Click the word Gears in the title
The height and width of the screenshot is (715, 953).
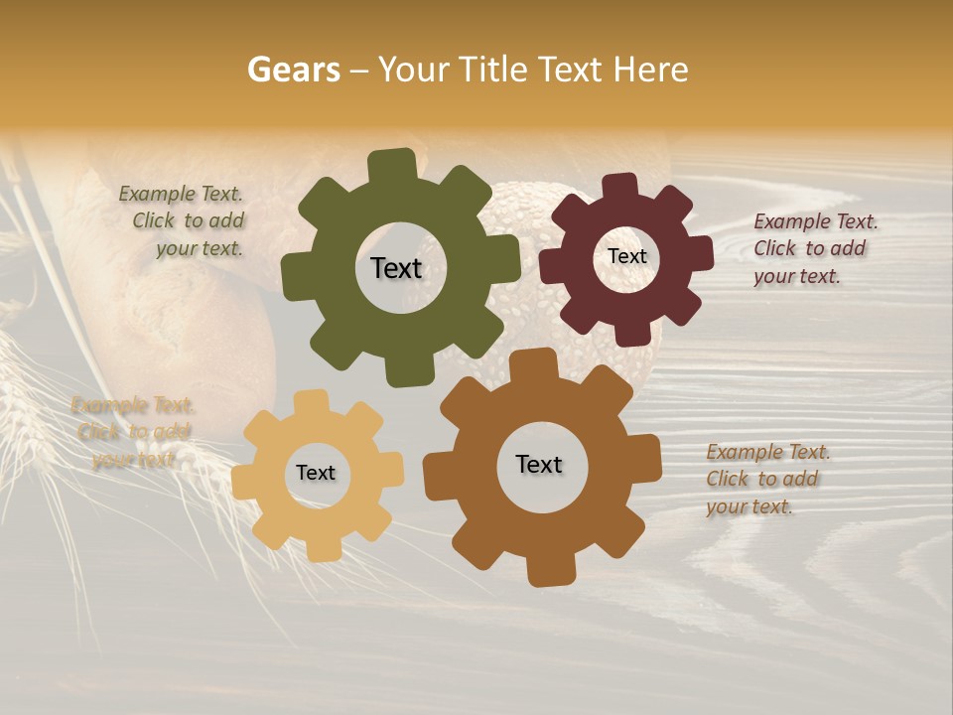click(x=293, y=70)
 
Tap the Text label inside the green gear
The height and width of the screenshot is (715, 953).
click(x=396, y=268)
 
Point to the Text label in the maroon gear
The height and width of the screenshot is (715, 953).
click(x=626, y=256)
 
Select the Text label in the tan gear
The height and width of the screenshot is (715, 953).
click(x=316, y=473)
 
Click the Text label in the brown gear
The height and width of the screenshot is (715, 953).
click(x=539, y=464)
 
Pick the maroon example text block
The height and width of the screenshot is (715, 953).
click(x=814, y=248)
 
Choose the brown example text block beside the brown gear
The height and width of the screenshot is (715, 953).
click(x=766, y=479)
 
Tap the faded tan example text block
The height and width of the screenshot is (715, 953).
click(x=133, y=432)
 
